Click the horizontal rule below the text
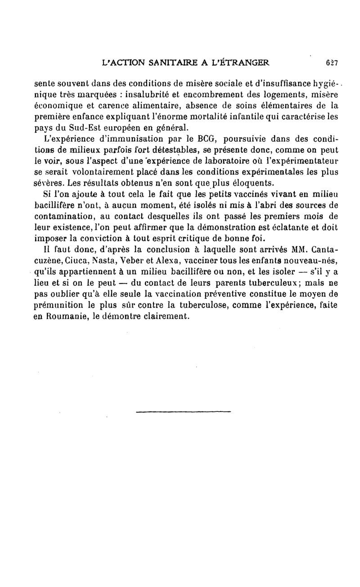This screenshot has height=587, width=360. pyautogui.click(x=183, y=411)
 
